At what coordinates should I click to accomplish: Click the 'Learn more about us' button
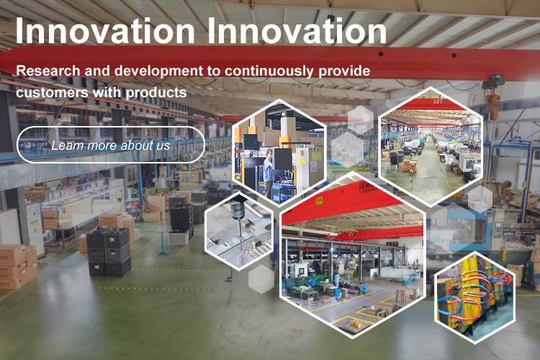(x=111, y=145)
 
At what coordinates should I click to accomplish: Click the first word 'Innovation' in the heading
(x=105, y=31)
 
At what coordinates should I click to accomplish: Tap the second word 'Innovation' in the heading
(x=297, y=31)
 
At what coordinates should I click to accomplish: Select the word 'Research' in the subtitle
(x=48, y=71)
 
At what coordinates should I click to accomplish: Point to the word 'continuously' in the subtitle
(x=269, y=71)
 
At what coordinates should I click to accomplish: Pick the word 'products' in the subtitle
(x=156, y=93)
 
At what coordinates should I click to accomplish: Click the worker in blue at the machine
(x=269, y=173)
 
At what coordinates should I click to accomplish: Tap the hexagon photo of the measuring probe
(x=239, y=232)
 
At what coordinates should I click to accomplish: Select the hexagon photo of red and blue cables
(x=475, y=297)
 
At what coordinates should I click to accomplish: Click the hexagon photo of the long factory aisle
(x=431, y=146)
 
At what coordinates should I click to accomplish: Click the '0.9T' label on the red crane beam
(x=438, y=102)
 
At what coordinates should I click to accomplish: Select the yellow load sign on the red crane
(x=319, y=200)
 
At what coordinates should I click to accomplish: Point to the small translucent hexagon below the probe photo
(x=261, y=279)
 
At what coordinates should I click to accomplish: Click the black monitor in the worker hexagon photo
(x=283, y=159)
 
